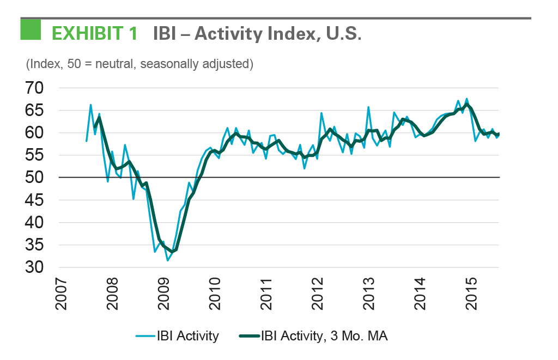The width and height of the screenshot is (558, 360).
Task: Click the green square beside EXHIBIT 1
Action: click(31, 29)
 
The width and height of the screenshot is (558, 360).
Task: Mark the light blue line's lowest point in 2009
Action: click(167, 260)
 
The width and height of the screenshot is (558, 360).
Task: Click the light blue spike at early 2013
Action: click(369, 107)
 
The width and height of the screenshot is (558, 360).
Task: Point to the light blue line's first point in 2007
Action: click(87, 141)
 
